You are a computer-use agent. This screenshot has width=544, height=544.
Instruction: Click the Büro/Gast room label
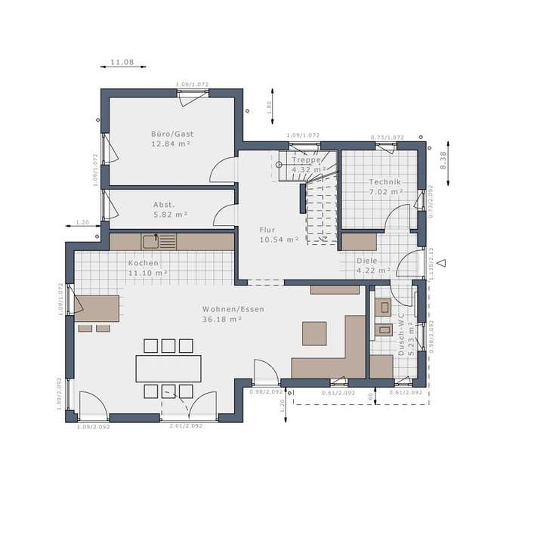pyautogui.click(x=172, y=134)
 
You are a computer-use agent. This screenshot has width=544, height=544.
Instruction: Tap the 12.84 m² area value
pyautogui.click(x=171, y=144)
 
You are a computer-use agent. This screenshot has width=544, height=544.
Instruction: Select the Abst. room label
pyautogui.click(x=164, y=205)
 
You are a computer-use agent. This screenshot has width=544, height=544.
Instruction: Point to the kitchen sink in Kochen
pyautogui.click(x=151, y=242)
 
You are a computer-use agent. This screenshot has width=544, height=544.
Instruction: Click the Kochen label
pyautogui.click(x=143, y=263)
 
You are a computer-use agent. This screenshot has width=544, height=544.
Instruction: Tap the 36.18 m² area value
pyautogui.click(x=221, y=320)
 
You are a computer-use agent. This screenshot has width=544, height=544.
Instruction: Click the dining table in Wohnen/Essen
pyautogui.click(x=168, y=368)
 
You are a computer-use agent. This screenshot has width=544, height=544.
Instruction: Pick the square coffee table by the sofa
pyautogui.click(x=314, y=332)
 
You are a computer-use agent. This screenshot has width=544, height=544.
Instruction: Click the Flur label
pyautogui.click(x=267, y=230)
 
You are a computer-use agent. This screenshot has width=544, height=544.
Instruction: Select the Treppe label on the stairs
pyautogui.click(x=307, y=160)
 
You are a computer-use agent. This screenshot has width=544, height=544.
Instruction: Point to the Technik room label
pyautogui.click(x=385, y=182)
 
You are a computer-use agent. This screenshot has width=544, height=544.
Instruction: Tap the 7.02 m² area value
pyautogui.click(x=385, y=192)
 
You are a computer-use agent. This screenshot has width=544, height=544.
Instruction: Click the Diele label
pyautogui.click(x=367, y=261)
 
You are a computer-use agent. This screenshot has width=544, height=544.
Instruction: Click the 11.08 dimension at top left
pyautogui.click(x=122, y=61)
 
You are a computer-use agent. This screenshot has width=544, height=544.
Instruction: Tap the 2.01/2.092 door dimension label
pyautogui.click(x=186, y=426)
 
